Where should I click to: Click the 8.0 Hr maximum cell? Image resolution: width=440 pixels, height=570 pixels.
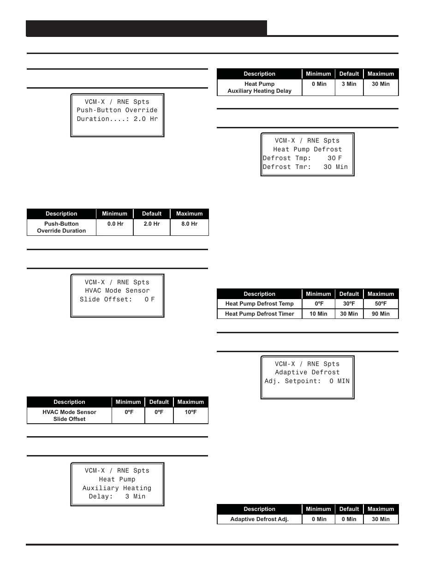click(189, 224)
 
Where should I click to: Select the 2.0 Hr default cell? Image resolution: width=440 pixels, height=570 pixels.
click(151, 224)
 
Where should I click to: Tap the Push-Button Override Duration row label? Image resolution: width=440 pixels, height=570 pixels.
click(61, 227)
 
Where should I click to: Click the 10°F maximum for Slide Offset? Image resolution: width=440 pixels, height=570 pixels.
click(190, 412)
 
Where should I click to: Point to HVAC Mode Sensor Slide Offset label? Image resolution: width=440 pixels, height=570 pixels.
click(69, 415)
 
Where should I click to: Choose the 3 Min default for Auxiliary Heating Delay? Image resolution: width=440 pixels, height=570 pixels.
click(349, 84)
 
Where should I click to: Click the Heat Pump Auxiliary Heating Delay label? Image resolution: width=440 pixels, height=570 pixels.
click(259, 87)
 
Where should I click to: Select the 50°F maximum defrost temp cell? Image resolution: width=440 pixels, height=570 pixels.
click(381, 304)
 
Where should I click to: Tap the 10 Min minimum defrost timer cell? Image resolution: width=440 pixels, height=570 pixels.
click(318, 314)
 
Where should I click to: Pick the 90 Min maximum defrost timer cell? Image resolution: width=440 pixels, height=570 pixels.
click(381, 314)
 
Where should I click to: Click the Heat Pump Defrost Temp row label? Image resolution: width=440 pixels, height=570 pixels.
click(259, 304)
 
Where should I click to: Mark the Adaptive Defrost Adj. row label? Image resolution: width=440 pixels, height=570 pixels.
click(259, 519)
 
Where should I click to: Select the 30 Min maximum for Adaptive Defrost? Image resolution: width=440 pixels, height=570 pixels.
click(381, 519)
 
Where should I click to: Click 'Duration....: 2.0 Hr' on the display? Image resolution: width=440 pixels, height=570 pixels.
click(117, 119)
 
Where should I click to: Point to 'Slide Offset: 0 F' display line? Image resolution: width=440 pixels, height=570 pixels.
click(117, 300)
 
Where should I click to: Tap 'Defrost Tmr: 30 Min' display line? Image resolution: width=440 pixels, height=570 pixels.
click(305, 167)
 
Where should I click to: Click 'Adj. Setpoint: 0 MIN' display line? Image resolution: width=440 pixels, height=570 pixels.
click(307, 381)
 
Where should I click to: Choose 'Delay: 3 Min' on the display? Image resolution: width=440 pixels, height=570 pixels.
click(117, 497)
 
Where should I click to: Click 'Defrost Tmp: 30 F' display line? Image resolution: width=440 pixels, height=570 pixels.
click(303, 158)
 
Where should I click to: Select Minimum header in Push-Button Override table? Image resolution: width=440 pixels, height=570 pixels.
click(114, 214)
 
